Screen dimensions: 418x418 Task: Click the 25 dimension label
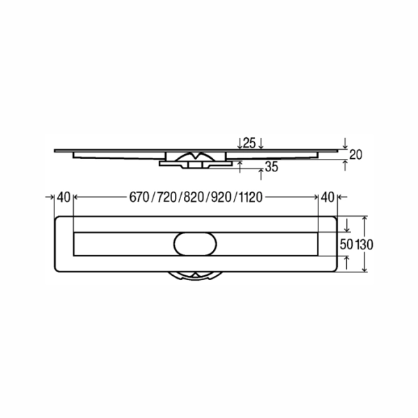coord(249,143)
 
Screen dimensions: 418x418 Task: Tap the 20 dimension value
coord(355,155)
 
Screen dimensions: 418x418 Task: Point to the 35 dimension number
coord(272,167)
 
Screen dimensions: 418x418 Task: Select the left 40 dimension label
coord(63,197)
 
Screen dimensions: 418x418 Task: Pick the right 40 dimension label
coord(327,197)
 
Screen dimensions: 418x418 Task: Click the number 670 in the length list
coord(139,198)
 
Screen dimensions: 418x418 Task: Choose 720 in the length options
coord(167,198)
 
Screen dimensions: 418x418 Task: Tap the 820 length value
coord(194,198)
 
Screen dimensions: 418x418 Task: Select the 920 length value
coord(221,198)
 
